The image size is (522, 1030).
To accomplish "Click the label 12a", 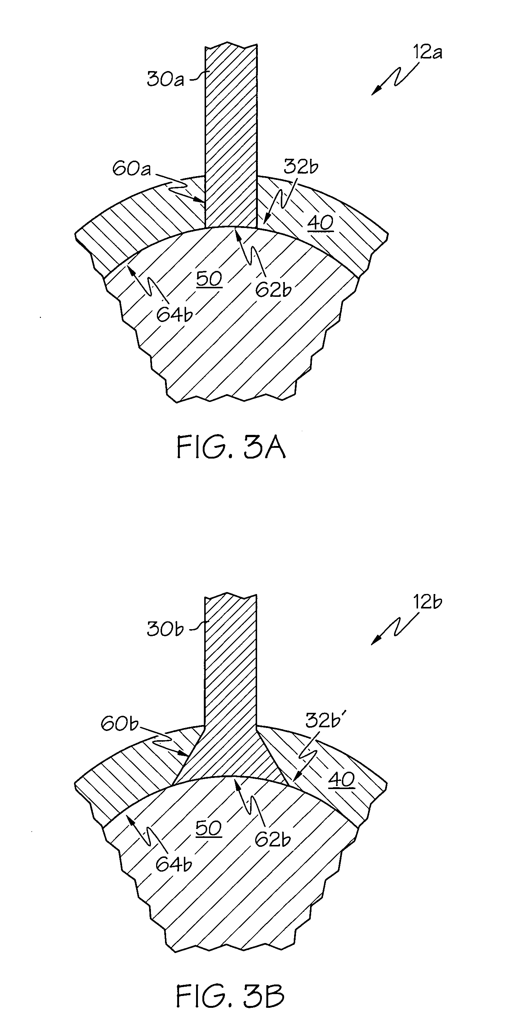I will coord(427,53).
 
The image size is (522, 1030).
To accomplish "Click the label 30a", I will coord(165,79).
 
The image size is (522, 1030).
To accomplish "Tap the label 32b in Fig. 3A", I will coord(300,167).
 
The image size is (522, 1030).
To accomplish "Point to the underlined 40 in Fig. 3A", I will coord(320,223).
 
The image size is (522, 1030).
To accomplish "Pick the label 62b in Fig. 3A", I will coord(273,289).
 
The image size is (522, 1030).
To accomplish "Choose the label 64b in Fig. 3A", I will coord(174,315).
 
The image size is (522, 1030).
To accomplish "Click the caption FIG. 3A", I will coord(231,448).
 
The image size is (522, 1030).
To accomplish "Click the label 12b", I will coord(427,602).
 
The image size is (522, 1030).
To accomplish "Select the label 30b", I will coord(165,629).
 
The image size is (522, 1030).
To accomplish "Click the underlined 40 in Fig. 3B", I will coord(342,780).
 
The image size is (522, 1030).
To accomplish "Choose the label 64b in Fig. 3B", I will coord(174,865).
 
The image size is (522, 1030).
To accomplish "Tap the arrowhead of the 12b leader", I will coord(373,643).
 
